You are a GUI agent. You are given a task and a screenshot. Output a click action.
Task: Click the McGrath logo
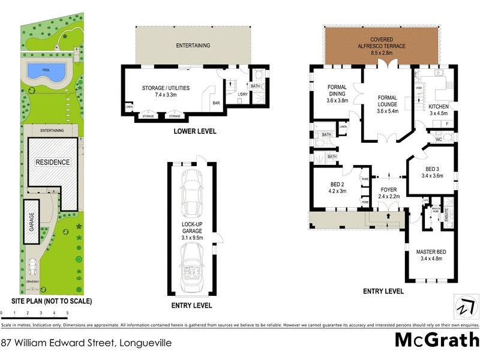(436, 340)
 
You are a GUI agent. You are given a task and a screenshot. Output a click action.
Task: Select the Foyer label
(388, 193)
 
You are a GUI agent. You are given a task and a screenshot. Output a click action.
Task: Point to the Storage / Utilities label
(166, 91)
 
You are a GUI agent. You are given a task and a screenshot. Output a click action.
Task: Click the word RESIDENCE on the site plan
(52, 162)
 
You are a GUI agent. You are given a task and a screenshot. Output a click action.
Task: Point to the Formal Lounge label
(388, 103)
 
